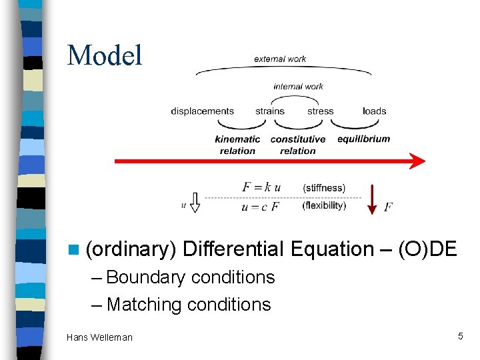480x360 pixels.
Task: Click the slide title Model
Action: click(105, 55)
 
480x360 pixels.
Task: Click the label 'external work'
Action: click(280, 59)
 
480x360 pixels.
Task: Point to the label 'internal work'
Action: click(298, 87)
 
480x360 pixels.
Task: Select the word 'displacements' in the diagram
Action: click(202, 111)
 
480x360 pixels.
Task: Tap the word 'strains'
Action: click(270, 111)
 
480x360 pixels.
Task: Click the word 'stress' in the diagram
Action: click(320, 111)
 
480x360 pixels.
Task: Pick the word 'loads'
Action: click(375, 111)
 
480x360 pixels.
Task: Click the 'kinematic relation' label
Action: click(237, 145)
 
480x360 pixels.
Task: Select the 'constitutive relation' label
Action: click(298, 145)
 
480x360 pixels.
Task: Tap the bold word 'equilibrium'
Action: click(363, 139)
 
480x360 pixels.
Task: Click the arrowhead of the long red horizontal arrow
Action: click(417, 161)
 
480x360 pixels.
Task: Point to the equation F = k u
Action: click(261, 187)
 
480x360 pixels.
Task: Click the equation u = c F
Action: click(261, 207)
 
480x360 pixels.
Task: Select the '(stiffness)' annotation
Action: click(324, 188)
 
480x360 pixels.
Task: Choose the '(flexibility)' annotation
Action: click(324, 206)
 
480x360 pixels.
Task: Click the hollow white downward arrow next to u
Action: click(195, 202)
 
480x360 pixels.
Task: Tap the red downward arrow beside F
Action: click(372, 200)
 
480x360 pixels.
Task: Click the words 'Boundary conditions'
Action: click(190, 277)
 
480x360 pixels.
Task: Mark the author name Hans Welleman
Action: click(99, 337)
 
